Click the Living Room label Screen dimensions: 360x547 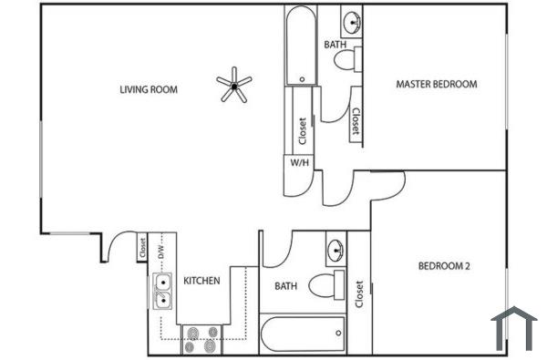[x=149, y=89]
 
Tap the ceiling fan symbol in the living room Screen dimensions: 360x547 [x=234, y=86]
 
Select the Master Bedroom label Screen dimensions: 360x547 [x=436, y=84]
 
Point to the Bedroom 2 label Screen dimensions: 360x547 [x=444, y=266]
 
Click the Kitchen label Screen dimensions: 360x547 [x=201, y=281]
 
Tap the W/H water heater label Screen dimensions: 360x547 [x=298, y=163]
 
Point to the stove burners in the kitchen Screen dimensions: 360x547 [x=201, y=339]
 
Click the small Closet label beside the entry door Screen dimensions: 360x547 [x=142, y=247]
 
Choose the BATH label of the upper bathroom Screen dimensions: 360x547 [x=335, y=44]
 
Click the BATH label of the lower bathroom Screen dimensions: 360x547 [x=286, y=286]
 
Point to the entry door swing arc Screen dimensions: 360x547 [x=117, y=244]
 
